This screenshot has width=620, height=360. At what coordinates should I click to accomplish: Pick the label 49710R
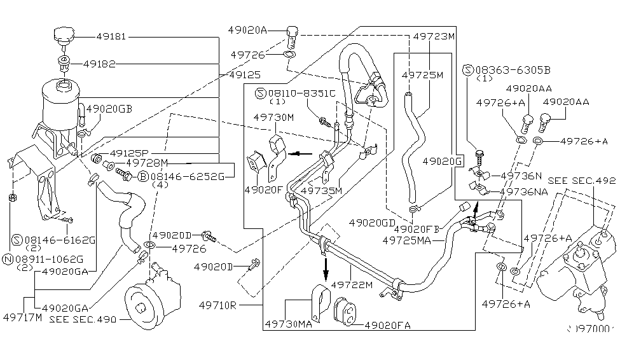[216, 305]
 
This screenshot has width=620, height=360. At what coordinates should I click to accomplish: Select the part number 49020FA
[389, 325]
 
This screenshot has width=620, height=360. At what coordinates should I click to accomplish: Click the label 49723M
[434, 36]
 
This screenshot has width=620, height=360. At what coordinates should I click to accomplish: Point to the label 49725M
[422, 74]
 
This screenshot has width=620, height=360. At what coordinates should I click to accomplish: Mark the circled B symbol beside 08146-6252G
[144, 176]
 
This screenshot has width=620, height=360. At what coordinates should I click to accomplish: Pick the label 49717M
[21, 315]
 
